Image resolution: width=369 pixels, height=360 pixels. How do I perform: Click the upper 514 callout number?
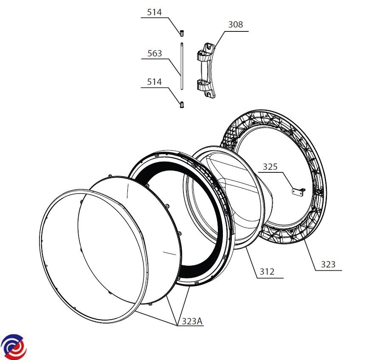(x=155, y=12)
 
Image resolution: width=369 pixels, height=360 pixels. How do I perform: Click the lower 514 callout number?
(x=155, y=82)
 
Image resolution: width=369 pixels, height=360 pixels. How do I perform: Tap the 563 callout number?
(x=155, y=53)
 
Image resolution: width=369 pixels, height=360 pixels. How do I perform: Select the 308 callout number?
(x=236, y=25)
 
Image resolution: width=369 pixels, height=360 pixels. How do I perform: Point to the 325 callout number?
(x=270, y=167)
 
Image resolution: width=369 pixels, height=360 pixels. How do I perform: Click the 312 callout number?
(x=267, y=272)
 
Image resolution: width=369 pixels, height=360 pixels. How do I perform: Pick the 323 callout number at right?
(x=328, y=264)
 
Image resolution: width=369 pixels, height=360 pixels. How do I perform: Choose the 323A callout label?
(x=192, y=321)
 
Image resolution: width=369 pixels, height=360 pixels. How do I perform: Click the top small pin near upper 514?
(x=182, y=34)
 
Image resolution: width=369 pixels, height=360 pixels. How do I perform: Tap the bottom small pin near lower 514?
(x=182, y=105)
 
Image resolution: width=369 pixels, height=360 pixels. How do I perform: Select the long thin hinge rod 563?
(x=182, y=66)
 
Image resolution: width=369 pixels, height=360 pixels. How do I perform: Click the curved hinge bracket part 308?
(x=206, y=70)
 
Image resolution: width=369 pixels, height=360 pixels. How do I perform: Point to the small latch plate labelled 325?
(x=299, y=192)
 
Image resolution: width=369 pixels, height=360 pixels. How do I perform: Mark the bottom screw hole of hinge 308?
(x=208, y=94)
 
